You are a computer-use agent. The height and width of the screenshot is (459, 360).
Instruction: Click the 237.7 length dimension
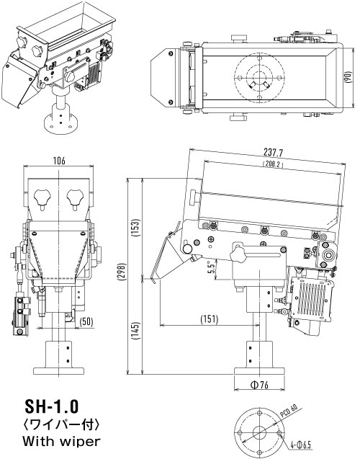pyautogui.click(x=273, y=152)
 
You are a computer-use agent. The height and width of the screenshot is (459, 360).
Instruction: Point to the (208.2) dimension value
pyautogui.click(x=273, y=164)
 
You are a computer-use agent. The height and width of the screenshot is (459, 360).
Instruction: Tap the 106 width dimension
pyautogui.click(x=59, y=161)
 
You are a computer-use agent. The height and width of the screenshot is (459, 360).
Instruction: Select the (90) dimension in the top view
pyautogui.click(x=348, y=77)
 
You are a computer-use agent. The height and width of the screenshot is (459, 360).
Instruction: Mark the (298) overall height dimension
pyautogui.click(x=122, y=272)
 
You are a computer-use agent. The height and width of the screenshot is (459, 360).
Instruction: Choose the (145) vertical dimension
pyautogui.click(x=137, y=331)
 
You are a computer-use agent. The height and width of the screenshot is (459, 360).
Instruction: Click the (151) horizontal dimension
pyautogui.click(x=210, y=318)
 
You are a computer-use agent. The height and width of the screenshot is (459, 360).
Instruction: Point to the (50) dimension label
pyautogui.click(x=86, y=321)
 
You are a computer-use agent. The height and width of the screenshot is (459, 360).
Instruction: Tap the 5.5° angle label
pyautogui.click(x=212, y=267)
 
